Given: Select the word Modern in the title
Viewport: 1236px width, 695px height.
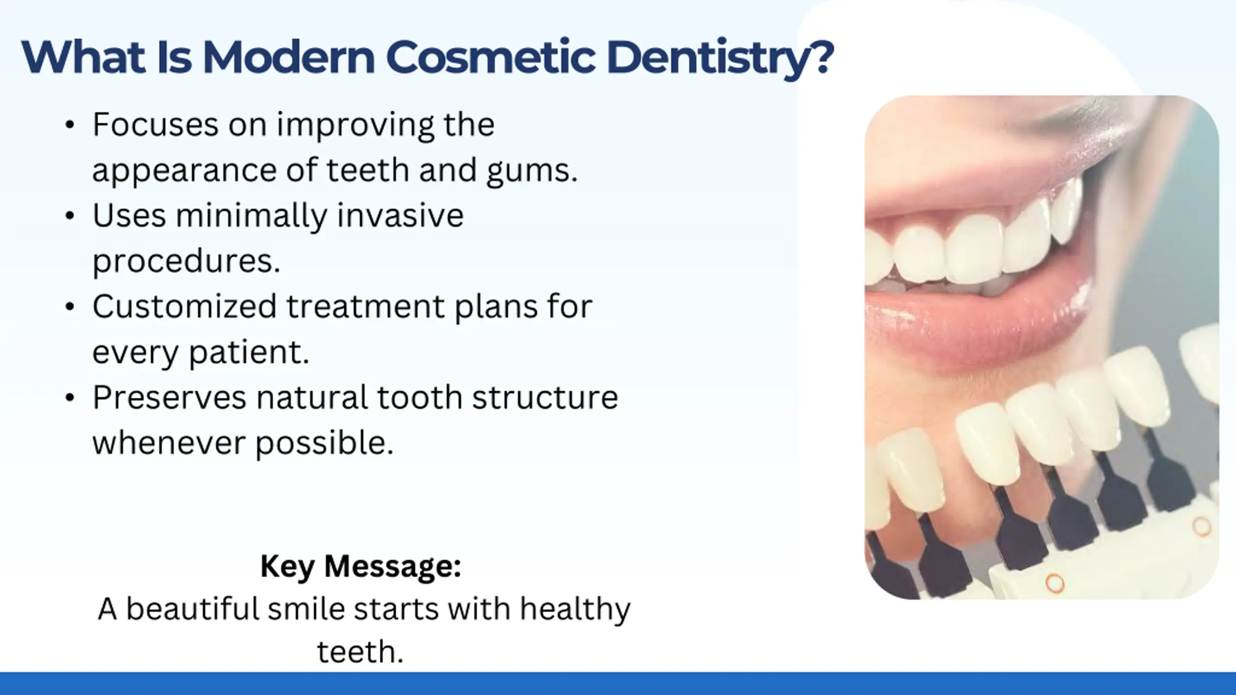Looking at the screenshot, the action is pyautogui.click(x=289, y=57).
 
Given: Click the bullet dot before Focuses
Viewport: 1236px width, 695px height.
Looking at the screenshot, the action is pyautogui.click(x=70, y=125).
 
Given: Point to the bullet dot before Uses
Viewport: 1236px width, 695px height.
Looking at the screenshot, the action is pyautogui.click(x=70, y=216).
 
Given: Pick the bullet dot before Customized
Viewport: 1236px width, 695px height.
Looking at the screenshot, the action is pyautogui.click(x=70, y=307).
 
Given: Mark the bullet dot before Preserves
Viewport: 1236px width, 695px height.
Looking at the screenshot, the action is pyautogui.click(x=70, y=398).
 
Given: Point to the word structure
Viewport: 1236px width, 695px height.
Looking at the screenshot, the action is pyautogui.click(x=545, y=398).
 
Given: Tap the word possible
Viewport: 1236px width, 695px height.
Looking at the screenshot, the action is pyautogui.click(x=324, y=444).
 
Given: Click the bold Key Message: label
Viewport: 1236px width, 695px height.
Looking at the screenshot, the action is pyautogui.click(x=361, y=566).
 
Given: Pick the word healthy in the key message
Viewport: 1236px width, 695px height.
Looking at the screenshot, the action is pyautogui.click(x=575, y=610).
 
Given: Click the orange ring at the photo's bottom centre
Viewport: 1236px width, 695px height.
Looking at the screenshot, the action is pyautogui.click(x=1055, y=584).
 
